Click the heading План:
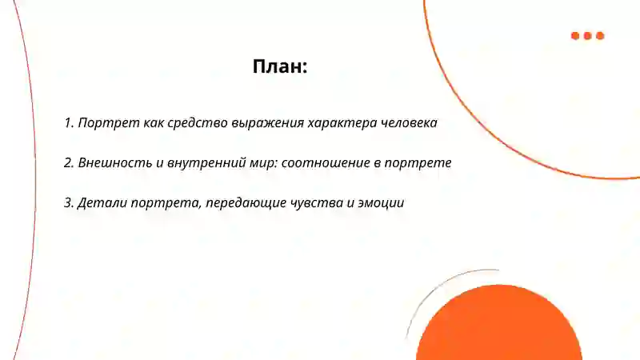pyautogui.click(x=280, y=67)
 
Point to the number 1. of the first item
pyautogui.click(x=69, y=124)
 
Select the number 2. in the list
pyautogui.click(x=69, y=163)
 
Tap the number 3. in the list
pyautogui.click(x=69, y=203)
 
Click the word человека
pyautogui.click(x=407, y=124)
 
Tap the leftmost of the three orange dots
pyautogui.click(x=575, y=36)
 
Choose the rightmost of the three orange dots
pyautogui.click(x=600, y=36)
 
